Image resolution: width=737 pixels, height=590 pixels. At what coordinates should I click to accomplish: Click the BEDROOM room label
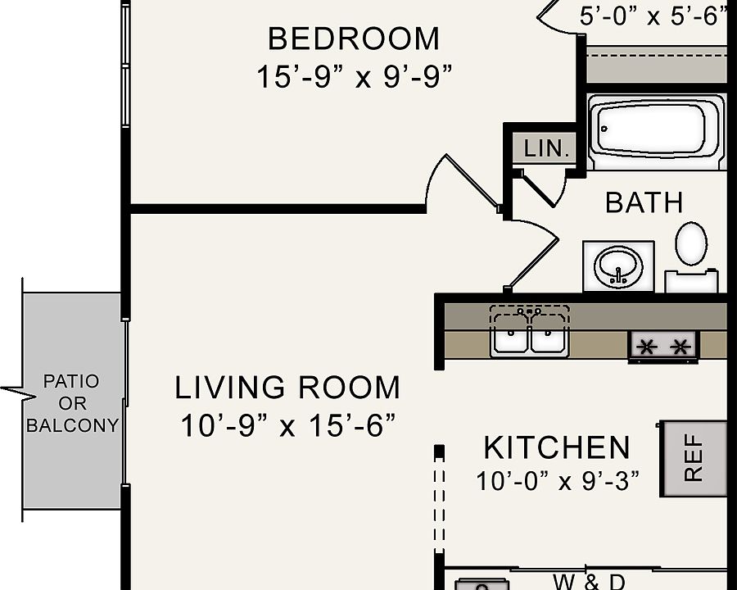[x=354, y=39]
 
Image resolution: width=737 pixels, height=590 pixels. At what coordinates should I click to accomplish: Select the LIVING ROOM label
[x=287, y=387]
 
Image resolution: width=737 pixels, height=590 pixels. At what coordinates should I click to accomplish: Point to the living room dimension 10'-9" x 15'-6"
[x=287, y=425]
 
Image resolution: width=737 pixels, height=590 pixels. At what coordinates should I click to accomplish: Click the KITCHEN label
[x=557, y=447]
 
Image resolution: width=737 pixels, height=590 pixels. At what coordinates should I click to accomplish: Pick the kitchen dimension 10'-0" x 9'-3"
[x=557, y=481]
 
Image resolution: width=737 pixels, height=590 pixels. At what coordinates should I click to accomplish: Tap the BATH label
[x=644, y=202]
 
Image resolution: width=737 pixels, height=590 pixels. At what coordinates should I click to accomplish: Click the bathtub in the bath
[x=656, y=131]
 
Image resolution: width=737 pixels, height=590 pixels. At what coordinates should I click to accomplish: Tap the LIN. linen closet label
[x=545, y=148]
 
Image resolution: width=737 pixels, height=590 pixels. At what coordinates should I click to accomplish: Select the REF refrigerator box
[x=694, y=458]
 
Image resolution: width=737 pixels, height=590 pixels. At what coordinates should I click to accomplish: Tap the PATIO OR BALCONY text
[x=71, y=403]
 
